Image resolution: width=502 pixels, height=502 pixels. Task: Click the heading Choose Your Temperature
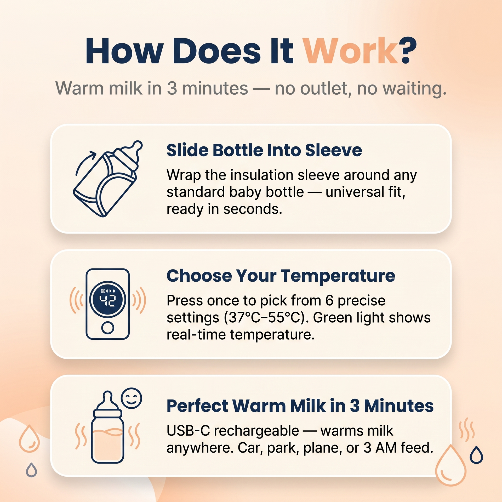click(x=281, y=276)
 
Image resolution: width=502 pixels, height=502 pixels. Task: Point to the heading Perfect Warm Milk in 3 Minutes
click(x=300, y=406)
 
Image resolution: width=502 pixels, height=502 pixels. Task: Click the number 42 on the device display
click(x=107, y=301)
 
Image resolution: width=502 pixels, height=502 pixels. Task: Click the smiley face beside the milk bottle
click(x=131, y=398)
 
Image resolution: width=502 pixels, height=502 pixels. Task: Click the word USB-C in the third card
click(x=188, y=431)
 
